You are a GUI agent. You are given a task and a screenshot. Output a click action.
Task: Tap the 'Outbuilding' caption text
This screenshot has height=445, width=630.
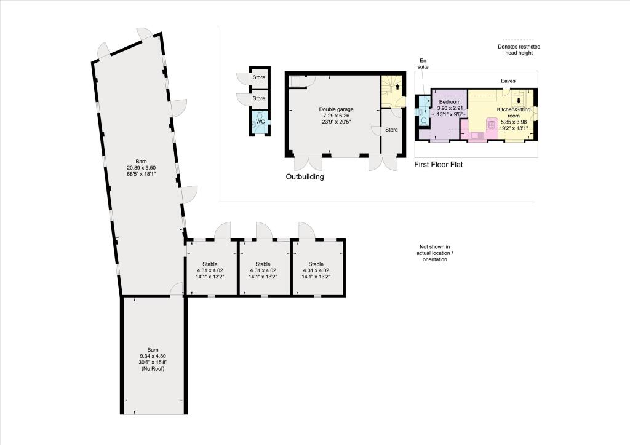(x=305, y=176)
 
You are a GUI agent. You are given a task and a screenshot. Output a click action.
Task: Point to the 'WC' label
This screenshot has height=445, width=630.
(x=260, y=122)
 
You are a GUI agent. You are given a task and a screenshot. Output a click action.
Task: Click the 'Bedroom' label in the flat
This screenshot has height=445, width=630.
(x=449, y=102)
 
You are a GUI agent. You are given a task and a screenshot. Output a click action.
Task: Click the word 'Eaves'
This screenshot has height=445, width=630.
(x=508, y=81)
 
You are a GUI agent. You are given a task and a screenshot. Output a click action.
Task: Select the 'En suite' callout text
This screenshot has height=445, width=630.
(x=422, y=63)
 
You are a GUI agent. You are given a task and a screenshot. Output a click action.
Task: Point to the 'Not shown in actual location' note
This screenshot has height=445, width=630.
(x=435, y=253)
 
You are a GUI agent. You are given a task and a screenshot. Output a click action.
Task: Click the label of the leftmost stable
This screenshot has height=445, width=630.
(x=211, y=264)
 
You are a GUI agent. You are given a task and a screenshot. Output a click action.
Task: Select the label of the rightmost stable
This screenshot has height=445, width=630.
(x=316, y=264)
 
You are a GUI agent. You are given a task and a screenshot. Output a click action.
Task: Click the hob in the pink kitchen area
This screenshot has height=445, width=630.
(x=492, y=125)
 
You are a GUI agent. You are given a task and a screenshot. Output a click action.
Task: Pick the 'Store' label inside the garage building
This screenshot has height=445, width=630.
(x=391, y=130)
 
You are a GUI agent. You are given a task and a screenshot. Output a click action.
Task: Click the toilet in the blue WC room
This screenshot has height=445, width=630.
(x=260, y=114)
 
